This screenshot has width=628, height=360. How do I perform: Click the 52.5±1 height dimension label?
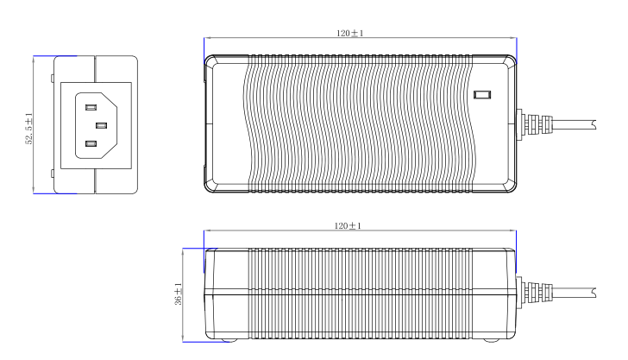point(28,129)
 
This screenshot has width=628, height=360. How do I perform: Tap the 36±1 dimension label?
point(179,294)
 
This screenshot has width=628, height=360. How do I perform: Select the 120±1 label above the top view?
point(350,33)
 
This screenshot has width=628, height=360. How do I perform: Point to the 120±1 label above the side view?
point(348,225)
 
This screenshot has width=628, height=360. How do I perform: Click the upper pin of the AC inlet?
point(91,107)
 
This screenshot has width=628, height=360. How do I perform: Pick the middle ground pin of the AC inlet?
point(101,125)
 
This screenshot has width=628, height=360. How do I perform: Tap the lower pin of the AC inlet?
point(91,144)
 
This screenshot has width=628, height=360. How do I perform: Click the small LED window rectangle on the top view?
point(482,95)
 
